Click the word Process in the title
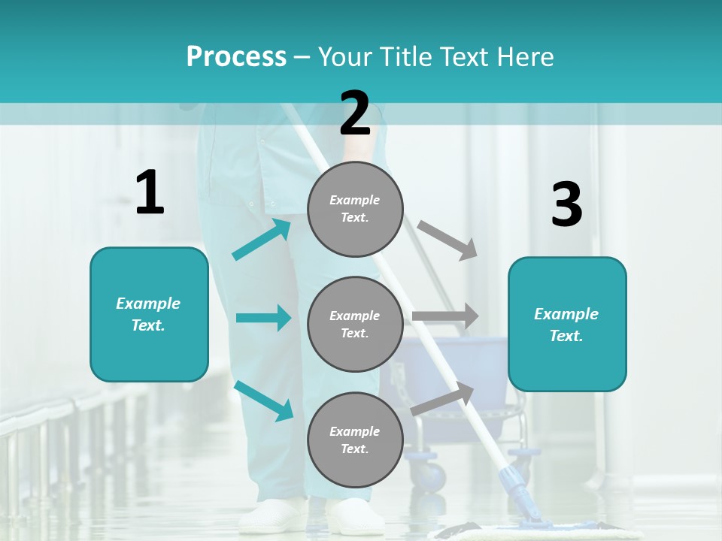click(236, 56)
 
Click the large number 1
click(150, 192)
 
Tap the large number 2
click(355, 113)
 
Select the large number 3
click(566, 205)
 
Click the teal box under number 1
click(149, 314)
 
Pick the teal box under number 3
click(567, 324)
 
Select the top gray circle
click(355, 208)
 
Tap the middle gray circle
click(355, 324)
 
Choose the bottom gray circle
click(355, 440)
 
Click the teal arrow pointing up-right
click(262, 239)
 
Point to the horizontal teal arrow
click(263, 318)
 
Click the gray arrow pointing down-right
click(447, 240)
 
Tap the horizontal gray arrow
click(445, 316)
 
